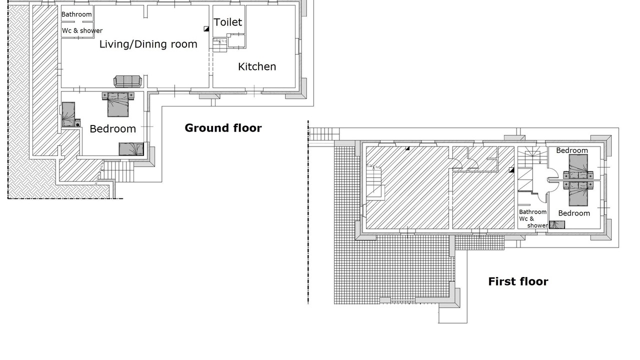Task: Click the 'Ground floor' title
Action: click(x=223, y=128)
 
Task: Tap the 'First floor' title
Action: click(x=518, y=281)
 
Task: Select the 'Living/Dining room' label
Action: click(x=148, y=44)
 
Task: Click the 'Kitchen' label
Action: click(x=257, y=66)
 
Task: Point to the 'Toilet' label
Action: click(x=227, y=22)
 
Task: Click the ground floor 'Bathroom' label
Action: click(x=76, y=14)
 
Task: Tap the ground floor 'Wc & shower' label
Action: click(x=82, y=30)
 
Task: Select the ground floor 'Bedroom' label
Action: click(x=113, y=129)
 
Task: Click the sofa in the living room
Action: click(x=127, y=81)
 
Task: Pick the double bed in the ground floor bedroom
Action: click(x=118, y=104)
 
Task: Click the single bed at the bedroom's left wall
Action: click(x=68, y=114)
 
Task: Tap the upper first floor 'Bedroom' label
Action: click(x=571, y=150)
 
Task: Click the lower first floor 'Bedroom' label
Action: click(x=574, y=213)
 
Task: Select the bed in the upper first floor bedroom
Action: click(x=578, y=167)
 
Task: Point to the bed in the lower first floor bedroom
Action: click(x=578, y=193)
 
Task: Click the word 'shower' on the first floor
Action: click(x=537, y=225)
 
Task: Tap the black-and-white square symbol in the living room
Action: click(x=206, y=28)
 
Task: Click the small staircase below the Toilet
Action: click(x=219, y=45)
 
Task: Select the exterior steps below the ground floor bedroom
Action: click(x=118, y=171)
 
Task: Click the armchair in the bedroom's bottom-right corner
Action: click(x=131, y=149)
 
